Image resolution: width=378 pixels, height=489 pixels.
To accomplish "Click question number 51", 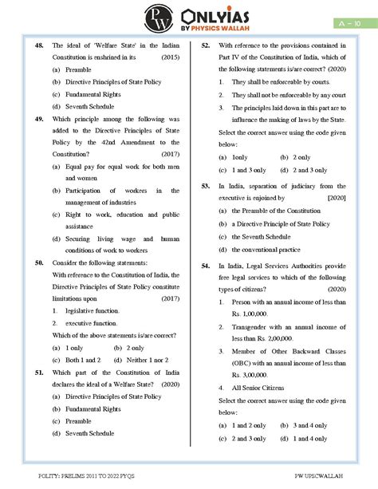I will click(40, 373).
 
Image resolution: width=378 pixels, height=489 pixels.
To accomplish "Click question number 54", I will click(206, 265).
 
